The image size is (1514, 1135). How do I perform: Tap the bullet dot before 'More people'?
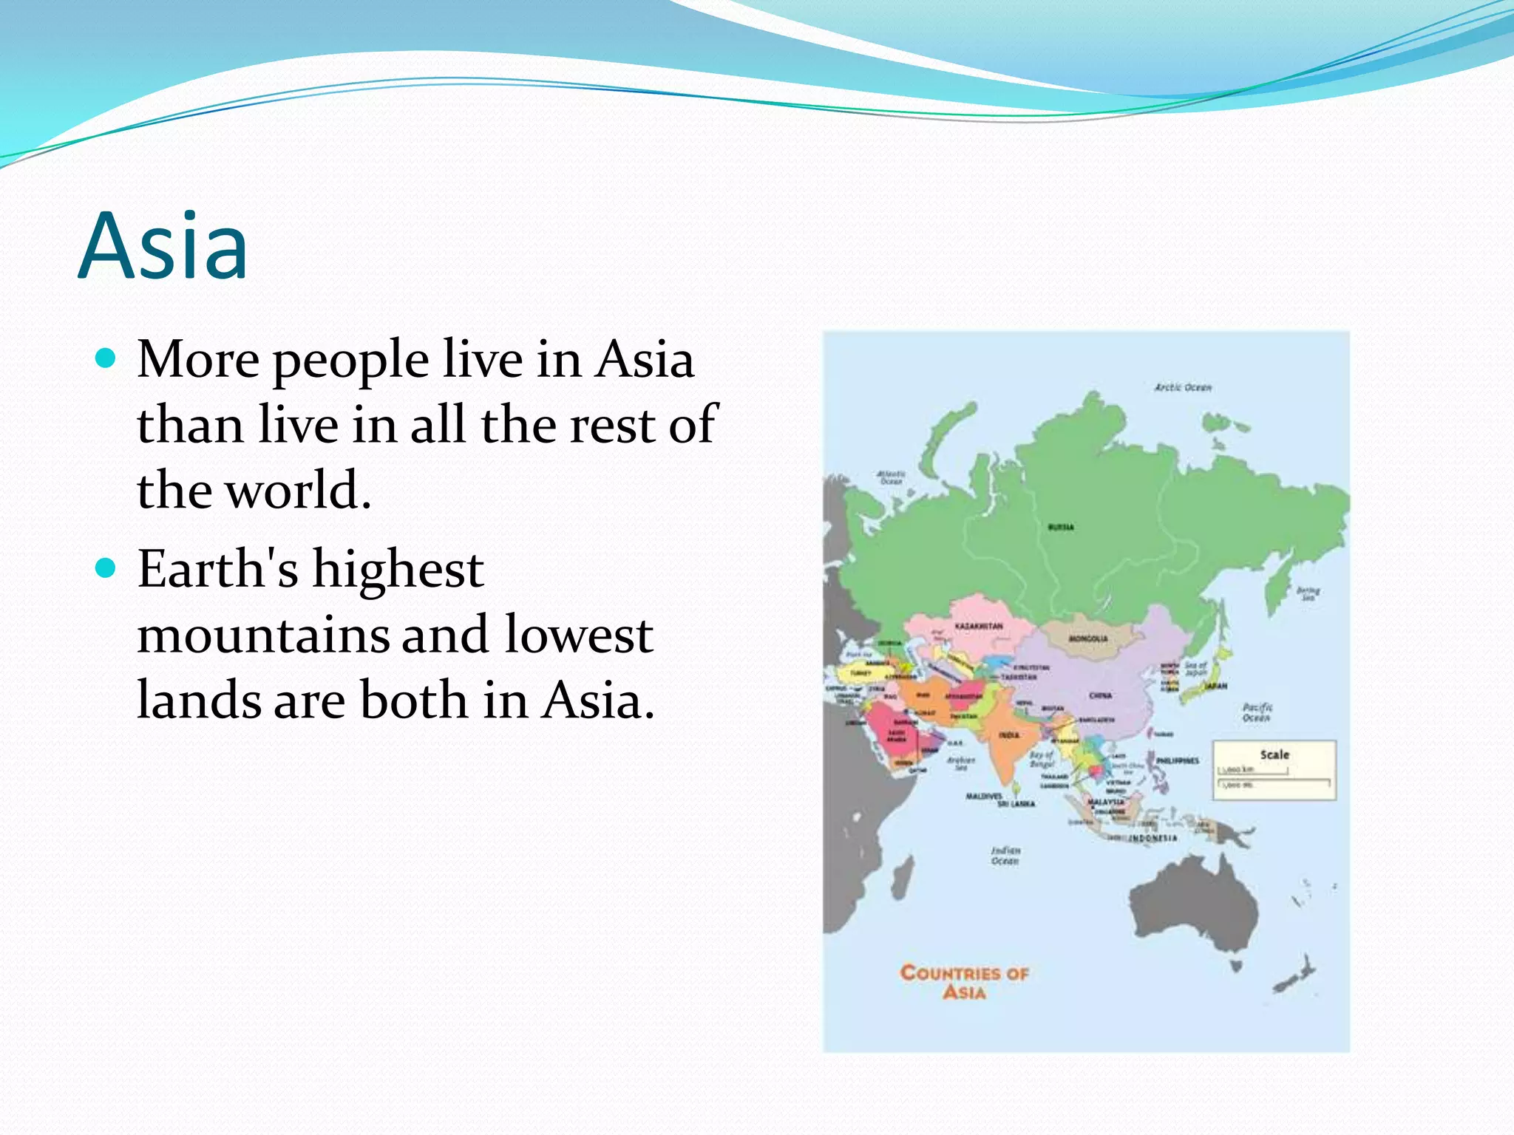[x=107, y=359]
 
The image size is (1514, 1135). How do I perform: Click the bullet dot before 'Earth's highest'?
[x=107, y=568]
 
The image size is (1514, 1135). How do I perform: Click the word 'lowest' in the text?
[x=578, y=635]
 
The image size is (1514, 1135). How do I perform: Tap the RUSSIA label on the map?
[x=1061, y=527]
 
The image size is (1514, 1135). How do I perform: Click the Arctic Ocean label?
[x=1183, y=387]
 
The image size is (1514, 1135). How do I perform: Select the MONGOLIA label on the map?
[x=1088, y=638]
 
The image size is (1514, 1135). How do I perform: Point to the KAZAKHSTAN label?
[x=979, y=626]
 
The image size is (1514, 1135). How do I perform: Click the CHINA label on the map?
[x=1100, y=695]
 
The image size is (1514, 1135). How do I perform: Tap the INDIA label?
[x=1009, y=735]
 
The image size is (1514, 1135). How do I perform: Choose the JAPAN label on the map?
[x=1216, y=686]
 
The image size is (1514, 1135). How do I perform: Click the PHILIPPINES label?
[x=1178, y=760]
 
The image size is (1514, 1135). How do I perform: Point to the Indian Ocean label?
[x=1005, y=856]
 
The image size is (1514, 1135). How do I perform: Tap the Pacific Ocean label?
[x=1257, y=712]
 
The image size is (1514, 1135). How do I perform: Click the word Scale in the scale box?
[x=1274, y=754]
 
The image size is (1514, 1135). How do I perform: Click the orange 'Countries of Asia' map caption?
[x=964, y=982]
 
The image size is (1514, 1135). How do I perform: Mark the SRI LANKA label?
[x=1016, y=803]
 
